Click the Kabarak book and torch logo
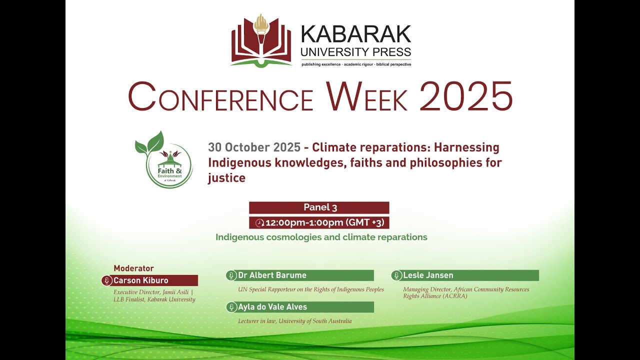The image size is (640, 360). [x=261, y=41]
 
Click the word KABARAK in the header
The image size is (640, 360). [x=355, y=34]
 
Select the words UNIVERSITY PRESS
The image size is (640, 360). [x=355, y=52]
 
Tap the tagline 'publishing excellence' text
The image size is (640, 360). [x=320, y=64]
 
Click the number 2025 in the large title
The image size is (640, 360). [x=466, y=96]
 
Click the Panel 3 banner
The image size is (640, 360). [x=319, y=207]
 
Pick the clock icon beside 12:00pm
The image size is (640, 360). [x=259, y=223]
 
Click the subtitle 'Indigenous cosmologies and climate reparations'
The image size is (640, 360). [x=321, y=237]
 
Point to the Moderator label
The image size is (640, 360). [x=133, y=268]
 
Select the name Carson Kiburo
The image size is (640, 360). [x=140, y=280]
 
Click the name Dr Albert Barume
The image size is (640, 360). [x=272, y=275]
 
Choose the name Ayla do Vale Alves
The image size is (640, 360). [x=272, y=307]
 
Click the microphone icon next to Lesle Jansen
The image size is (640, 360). [x=396, y=275]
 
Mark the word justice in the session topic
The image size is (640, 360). [x=226, y=178]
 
